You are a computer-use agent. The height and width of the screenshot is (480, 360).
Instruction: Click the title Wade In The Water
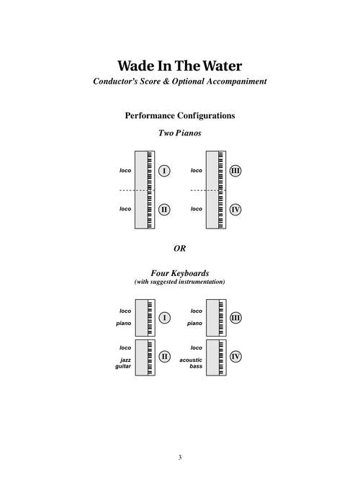click(x=180, y=66)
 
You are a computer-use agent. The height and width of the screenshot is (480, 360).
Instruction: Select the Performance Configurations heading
click(x=180, y=116)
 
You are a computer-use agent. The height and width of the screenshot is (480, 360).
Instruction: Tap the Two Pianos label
click(x=180, y=133)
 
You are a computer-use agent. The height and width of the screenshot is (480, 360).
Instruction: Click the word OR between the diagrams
click(x=180, y=248)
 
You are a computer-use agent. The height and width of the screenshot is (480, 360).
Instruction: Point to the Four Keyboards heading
click(x=180, y=272)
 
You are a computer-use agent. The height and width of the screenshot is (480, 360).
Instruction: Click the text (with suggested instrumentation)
click(x=180, y=282)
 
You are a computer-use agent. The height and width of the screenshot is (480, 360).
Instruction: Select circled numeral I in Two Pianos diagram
click(x=164, y=171)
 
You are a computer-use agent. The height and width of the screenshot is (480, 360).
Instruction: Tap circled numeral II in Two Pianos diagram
click(x=164, y=210)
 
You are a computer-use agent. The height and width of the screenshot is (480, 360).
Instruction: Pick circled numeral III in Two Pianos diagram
click(x=235, y=171)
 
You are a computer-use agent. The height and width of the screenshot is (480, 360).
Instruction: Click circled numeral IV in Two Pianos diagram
click(x=235, y=210)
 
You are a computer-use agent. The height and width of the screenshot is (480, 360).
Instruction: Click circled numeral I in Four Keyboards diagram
click(x=165, y=318)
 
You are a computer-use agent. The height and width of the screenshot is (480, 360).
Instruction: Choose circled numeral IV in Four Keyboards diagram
click(x=235, y=356)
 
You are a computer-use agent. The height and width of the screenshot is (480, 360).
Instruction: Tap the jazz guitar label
click(x=123, y=363)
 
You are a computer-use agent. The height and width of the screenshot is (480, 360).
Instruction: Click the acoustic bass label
click(x=191, y=363)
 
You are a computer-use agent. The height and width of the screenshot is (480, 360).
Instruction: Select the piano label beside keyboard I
click(x=124, y=324)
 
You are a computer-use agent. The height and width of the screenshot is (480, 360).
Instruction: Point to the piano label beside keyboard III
click(x=195, y=324)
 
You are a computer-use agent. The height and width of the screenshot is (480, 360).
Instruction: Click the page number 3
click(x=180, y=458)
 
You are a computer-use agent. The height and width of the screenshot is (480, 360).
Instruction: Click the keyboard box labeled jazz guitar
click(x=145, y=357)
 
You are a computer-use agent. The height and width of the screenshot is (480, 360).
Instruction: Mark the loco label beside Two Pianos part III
click(x=197, y=170)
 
